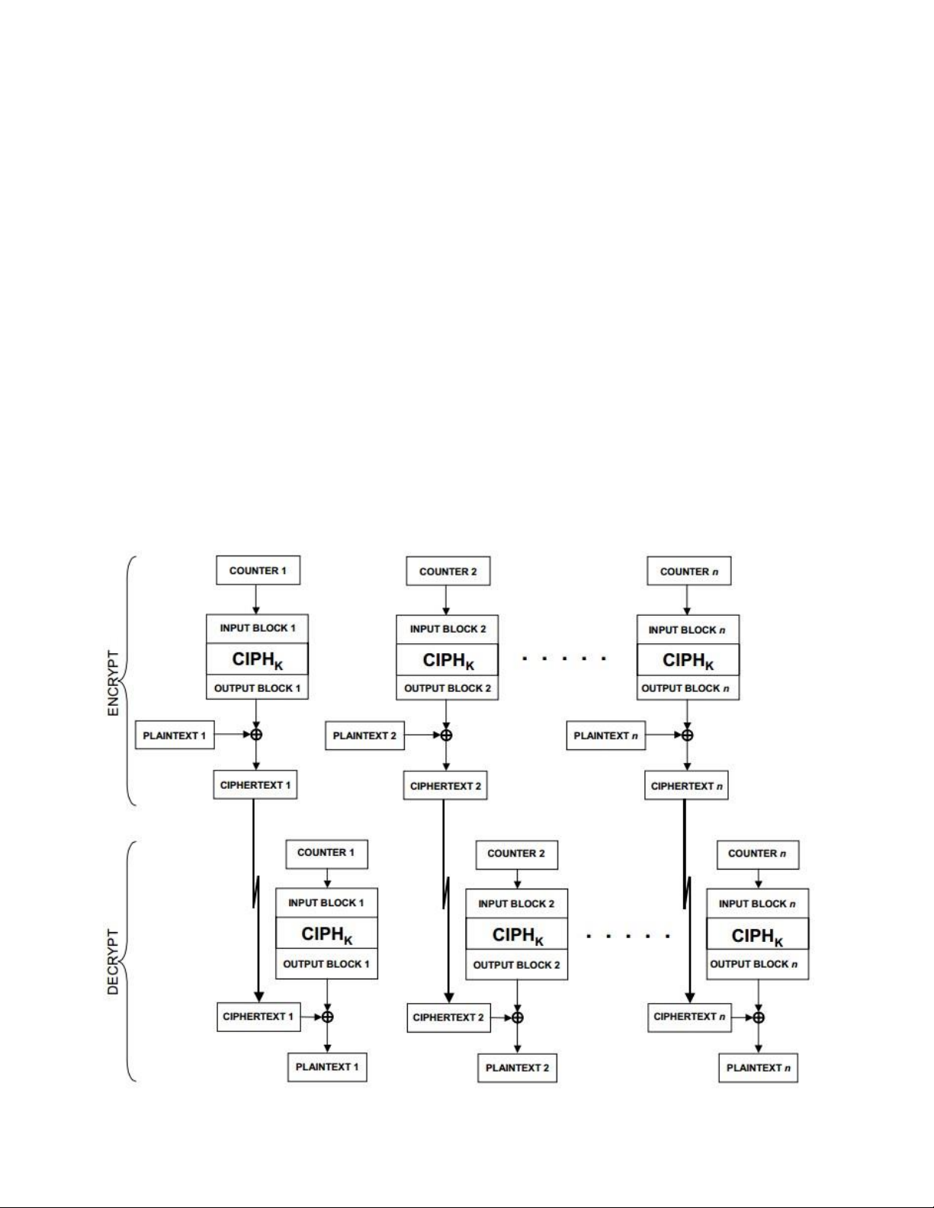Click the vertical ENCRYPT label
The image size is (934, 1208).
[x=113, y=683]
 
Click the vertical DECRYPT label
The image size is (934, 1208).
[x=113, y=961]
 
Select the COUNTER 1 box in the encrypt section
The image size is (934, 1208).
[x=258, y=570]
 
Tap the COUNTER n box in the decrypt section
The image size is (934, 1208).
[x=758, y=854]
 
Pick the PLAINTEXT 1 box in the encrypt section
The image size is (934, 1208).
[x=175, y=735]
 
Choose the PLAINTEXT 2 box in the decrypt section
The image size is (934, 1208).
[x=517, y=1067]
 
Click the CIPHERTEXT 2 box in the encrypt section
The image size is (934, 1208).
[x=445, y=786]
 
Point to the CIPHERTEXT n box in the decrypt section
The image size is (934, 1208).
[x=689, y=1017]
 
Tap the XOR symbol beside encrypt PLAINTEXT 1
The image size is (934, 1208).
[x=255, y=735]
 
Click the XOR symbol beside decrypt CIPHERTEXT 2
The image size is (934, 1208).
[x=517, y=1017]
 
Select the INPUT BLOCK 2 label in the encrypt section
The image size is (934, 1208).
[x=448, y=629]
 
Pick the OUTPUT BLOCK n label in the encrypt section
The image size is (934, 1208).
[x=685, y=688]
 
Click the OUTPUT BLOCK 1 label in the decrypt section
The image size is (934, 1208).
[x=326, y=964]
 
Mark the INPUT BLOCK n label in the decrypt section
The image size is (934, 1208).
[x=757, y=903]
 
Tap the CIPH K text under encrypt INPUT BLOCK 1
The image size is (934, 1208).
[x=258, y=660]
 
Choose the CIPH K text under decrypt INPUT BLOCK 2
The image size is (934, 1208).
[x=518, y=936]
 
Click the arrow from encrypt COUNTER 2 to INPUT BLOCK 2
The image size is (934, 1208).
[x=446, y=600]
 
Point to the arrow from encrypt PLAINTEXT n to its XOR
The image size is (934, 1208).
[x=664, y=735]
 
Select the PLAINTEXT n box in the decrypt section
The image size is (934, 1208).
[x=759, y=1067]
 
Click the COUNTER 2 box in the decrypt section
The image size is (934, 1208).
[x=516, y=854]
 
